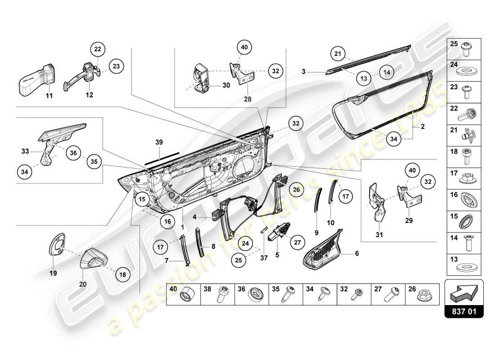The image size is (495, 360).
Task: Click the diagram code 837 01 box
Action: [464, 310]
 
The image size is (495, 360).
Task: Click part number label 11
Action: [49, 95]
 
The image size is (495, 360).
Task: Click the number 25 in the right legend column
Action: [454, 44]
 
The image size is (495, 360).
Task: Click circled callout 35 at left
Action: [94, 162]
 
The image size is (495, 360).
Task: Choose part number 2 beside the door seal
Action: [422, 127]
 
